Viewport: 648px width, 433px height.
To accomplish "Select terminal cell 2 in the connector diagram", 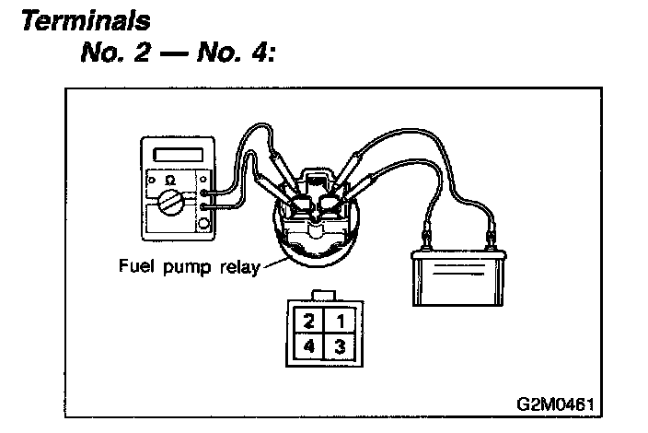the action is [310, 322].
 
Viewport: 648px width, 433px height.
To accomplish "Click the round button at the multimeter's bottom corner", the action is [203, 223].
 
